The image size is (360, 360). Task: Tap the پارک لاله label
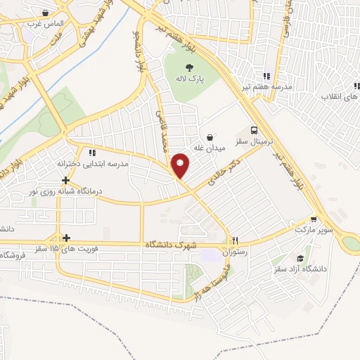click(x=190, y=80)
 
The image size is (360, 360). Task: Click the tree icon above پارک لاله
click(x=190, y=67)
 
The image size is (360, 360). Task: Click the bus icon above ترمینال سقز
click(x=255, y=130)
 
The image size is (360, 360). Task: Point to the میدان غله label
click(x=209, y=149)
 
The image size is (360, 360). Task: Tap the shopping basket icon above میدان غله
click(x=209, y=136)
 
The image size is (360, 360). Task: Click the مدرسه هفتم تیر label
click(x=267, y=88)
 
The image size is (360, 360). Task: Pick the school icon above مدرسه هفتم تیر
click(x=267, y=76)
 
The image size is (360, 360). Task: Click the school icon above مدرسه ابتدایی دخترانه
click(x=91, y=152)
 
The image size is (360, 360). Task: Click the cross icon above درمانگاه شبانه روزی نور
click(x=65, y=180)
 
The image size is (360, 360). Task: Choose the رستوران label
click(x=236, y=251)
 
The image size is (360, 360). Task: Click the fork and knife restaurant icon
click(x=236, y=239)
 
